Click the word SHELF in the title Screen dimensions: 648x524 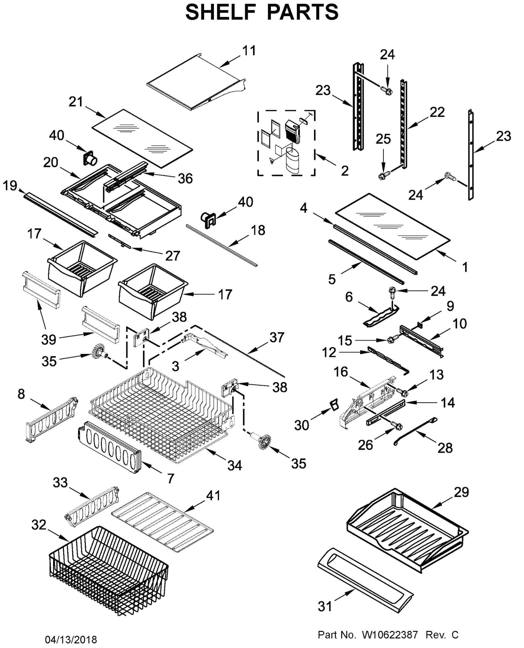tap(220, 12)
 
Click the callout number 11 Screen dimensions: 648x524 tap(249, 51)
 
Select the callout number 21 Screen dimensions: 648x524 tap(76, 102)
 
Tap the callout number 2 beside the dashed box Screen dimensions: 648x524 tap(344, 171)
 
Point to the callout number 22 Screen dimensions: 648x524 tap(437, 112)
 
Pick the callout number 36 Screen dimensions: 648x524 tap(185, 178)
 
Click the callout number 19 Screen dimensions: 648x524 tap(10, 186)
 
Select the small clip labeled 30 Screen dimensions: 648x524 tap(334, 405)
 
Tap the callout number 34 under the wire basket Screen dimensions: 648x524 tap(235, 466)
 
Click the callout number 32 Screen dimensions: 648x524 tap(39, 525)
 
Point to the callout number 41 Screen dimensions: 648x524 tap(213, 495)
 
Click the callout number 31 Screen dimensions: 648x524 tap(325, 606)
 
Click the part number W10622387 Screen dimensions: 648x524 tap(390, 635)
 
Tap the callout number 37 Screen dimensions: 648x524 tap(277, 337)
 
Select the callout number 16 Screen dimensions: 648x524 tap(341, 372)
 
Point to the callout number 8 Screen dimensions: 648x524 tap(21, 394)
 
